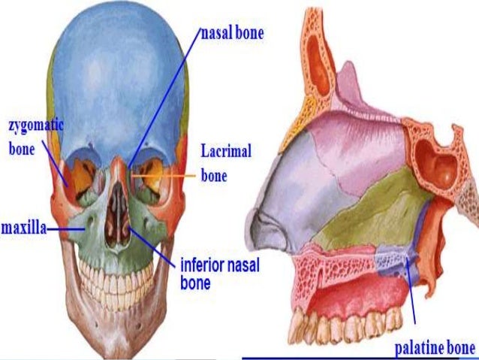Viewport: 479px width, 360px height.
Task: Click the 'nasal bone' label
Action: tap(232, 34)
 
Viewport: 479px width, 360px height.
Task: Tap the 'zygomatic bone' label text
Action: tap(33, 135)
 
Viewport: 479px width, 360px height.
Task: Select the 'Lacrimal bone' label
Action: tap(224, 164)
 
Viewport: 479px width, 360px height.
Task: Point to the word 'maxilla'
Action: tap(23, 226)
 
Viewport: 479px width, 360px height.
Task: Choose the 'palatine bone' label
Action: tap(435, 347)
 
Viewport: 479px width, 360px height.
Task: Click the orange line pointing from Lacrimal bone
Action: tap(173, 177)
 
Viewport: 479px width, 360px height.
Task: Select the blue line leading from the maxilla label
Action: tap(71, 226)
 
